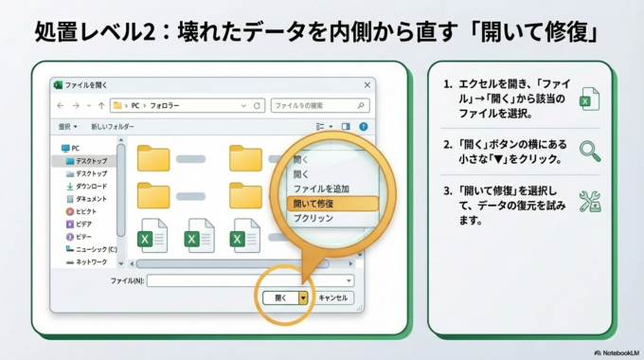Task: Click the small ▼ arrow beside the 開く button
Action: point(303,297)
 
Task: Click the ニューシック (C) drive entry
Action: point(95,249)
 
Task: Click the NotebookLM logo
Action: point(614,351)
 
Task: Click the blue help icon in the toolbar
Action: point(363,126)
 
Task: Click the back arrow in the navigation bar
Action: point(61,105)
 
